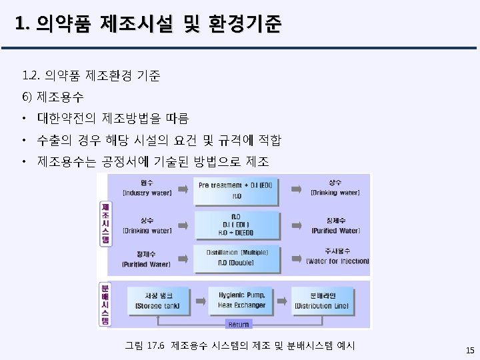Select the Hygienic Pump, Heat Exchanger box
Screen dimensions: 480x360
(241, 300)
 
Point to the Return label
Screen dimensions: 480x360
(238, 324)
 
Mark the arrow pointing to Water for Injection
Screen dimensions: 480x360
(292, 257)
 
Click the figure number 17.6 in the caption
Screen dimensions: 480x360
(154, 345)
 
